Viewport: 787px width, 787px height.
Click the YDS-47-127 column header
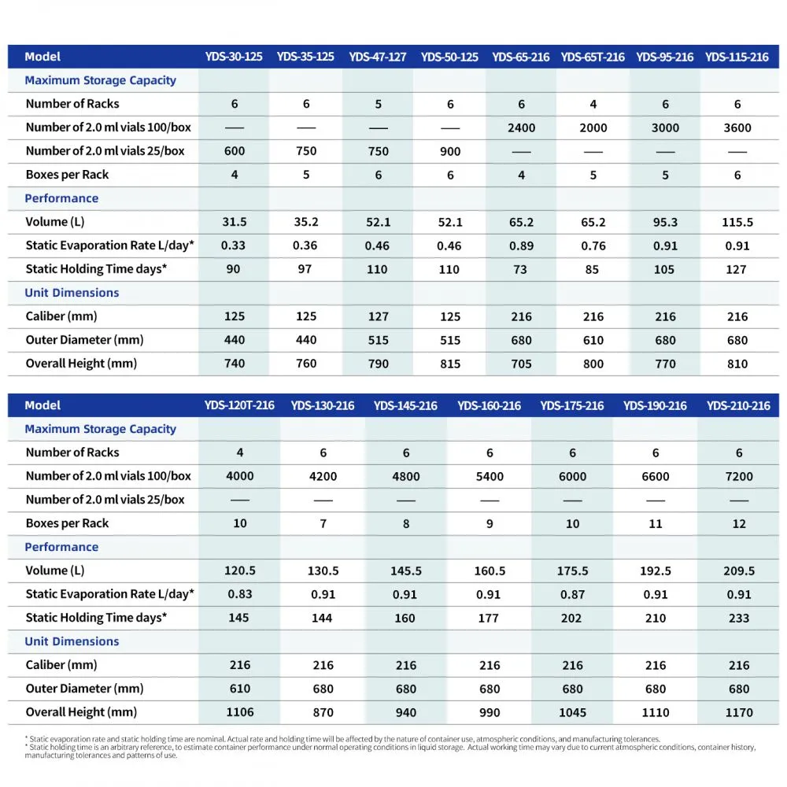tap(378, 57)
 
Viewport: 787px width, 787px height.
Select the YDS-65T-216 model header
tap(593, 57)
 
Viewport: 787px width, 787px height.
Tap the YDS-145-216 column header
tap(405, 405)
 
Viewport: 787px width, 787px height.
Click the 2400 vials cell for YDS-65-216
tap(522, 128)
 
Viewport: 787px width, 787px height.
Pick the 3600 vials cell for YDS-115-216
tap(737, 128)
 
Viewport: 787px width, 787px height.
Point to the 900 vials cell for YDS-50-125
tap(450, 152)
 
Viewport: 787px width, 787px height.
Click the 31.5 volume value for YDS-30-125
tap(235, 222)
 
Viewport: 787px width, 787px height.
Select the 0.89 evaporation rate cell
tap(522, 246)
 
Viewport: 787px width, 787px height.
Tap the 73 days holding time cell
tap(520, 269)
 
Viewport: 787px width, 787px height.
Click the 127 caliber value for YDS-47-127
tap(379, 316)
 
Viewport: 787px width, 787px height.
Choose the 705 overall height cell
tap(522, 364)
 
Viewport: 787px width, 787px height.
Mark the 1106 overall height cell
tap(240, 712)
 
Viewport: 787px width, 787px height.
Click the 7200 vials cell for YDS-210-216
tap(739, 476)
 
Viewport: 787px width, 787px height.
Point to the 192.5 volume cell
tap(656, 571)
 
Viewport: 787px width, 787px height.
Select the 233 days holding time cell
tap(739, 618)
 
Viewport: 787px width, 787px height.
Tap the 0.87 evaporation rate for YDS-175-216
tap(573, 594)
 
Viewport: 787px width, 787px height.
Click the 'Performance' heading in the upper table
tap(61, 198)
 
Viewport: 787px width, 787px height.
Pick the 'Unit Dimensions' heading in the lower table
tap(72, 641)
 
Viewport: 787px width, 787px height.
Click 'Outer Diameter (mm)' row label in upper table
tap(84, 340)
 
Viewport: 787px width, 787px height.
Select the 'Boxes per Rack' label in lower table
tap(67, 523)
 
